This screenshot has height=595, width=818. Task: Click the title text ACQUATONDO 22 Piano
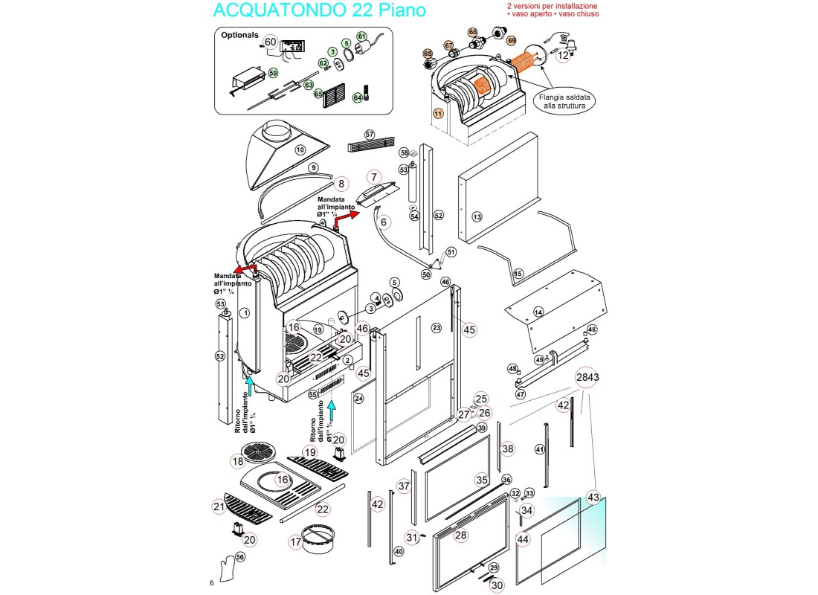[x=320, y=10]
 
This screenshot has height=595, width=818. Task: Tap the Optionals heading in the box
[x=239, y=35]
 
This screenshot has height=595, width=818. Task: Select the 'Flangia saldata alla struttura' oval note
[x=566, y=101]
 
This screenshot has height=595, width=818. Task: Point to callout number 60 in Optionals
[x=270, y=42]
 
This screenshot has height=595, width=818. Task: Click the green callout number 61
[x=362, y=36]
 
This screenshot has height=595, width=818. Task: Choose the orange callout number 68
[x=428, y=54]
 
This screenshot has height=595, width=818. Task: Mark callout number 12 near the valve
[x=563, y=54]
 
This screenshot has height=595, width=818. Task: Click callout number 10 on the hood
[x=300, y=149]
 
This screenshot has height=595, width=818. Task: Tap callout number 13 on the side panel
[x=477, y=216]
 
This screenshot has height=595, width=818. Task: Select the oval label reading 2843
[x=587, y=377]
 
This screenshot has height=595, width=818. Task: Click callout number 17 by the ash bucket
[x=296, y=542]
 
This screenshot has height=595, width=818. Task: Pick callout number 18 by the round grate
[x=237, y=462]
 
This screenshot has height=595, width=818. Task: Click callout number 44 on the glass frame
[x=524, y=539]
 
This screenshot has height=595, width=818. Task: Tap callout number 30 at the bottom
[x=497, y=585]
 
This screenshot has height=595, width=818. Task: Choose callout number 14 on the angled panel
[x=538, y=312]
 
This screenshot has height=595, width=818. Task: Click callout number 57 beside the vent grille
[x=370, y=134]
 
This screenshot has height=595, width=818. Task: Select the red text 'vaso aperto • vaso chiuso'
[x=553, y=14]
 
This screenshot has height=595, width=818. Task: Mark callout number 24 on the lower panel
[x=358, y=399]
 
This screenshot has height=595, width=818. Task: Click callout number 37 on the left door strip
[x=404, y=486]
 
